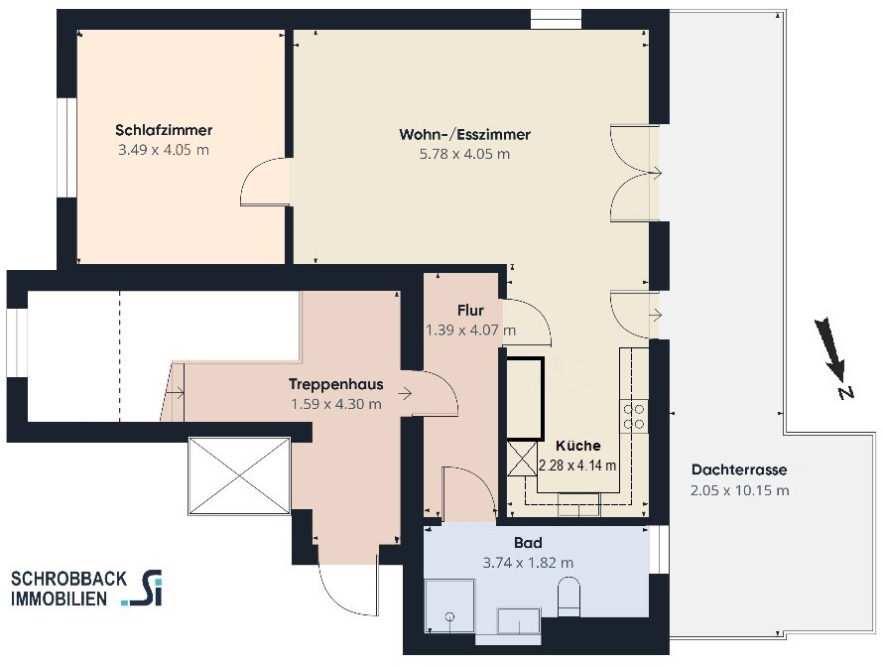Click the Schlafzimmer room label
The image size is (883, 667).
pos(164,130)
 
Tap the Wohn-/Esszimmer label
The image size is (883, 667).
pos(464,135)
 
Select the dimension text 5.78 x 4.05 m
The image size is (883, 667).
pos(464,154)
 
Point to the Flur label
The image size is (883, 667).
pos(470,311)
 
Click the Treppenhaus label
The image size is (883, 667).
pos(335,384)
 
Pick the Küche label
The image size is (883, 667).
pos(577,446)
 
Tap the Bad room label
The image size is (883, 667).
pos(528,543)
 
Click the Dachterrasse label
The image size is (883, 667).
pos(739,469)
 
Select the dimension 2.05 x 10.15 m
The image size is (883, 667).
pos(739,490)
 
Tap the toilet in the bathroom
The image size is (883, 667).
pos(568,596)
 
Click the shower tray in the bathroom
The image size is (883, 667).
pos(449,606)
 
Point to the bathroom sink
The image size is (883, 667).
pos(519,620)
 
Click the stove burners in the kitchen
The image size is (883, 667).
pos(634,416)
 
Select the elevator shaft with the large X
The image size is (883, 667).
pos(240,476)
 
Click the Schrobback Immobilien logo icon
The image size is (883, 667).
pos(143,590)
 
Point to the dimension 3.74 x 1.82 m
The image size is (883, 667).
pos(528,563)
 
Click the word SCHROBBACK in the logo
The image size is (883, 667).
pos(68,579)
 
